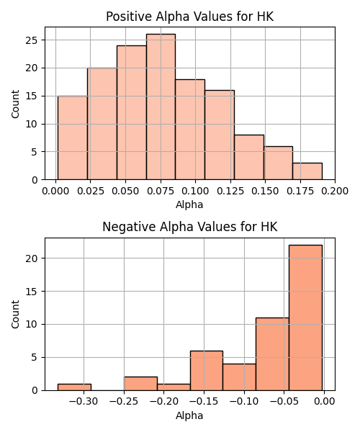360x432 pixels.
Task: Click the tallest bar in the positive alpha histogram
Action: click(x=161, y=107)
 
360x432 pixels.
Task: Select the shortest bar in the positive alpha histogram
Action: click(x=307, y=171)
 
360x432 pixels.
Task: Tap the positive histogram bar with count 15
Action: click(x=73, y=138)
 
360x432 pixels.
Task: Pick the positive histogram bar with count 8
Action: click(x=249, y=157)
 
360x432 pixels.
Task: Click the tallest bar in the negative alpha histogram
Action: click(x=305, y=318)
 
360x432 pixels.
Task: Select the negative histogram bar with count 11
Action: click(x=272, y=354)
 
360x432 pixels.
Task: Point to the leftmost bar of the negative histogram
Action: click(x=74, y=387)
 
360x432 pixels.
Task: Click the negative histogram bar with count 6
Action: click(x=207, y=371)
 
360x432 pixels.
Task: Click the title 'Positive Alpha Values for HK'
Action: click(x=190, y=17)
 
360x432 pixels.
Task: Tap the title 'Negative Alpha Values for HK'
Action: click(x=190, y=227)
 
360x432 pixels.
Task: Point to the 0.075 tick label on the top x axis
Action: click(x=161, y=191)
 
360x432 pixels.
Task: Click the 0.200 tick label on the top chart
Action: click(x=335, y=191)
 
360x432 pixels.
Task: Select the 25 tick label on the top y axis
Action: click(x=32, y=40)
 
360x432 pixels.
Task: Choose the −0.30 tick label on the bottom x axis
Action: click(x=84, y=402)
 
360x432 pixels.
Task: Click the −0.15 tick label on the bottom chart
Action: click(x=204, y=402)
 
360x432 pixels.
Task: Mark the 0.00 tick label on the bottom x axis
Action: click(x=324, y=402)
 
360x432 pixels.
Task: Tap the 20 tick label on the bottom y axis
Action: click(x=32, y=258)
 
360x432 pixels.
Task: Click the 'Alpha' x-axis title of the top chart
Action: click(x=189, y=204)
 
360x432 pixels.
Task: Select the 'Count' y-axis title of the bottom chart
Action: click(x=15, y=315)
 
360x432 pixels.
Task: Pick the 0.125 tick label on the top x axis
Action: click(x=230, y=191)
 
